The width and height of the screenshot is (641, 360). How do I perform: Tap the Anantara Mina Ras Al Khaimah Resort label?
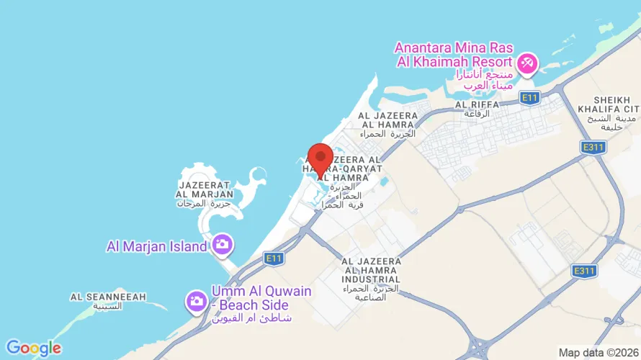[453, 55]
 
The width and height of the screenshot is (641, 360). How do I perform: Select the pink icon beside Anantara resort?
[527, 63]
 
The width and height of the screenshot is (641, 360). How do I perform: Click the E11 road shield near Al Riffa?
[530, 97]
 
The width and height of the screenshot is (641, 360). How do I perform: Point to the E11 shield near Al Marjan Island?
[273, 257]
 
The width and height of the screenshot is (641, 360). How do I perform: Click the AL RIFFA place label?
[477, 104]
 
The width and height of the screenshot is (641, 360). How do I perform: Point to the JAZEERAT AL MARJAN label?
[205, 189]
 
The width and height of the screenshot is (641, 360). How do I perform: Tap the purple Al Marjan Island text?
[156, 246]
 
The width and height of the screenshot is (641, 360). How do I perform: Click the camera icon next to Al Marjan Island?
[221, 244]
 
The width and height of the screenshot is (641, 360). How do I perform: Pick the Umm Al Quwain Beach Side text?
[261, 298]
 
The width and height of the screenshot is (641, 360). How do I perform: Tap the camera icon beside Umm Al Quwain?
[196, 302]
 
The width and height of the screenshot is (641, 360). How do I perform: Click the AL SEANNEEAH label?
[108, 297]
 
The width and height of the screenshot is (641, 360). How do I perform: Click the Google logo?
[33, 348]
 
